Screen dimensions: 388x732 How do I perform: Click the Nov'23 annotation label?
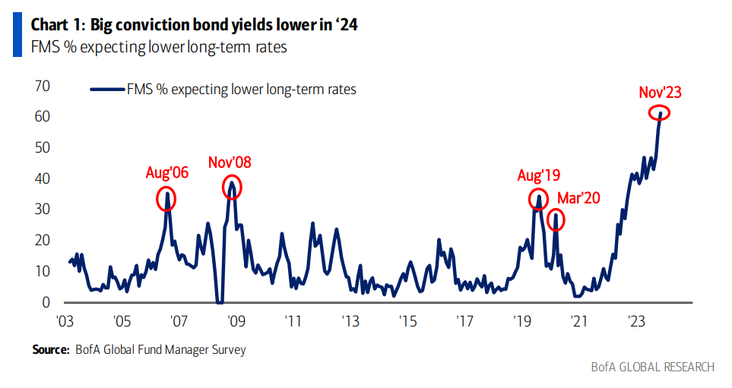(660, 93)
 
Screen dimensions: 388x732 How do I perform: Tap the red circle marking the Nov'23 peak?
(659, 113)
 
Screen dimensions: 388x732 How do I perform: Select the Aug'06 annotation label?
(166, 172)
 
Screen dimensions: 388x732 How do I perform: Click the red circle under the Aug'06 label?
(166, 199)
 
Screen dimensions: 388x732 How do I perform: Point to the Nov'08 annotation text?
(229, 162)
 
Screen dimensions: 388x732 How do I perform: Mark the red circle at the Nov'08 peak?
(232, 186)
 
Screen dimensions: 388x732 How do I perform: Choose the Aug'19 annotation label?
(537, 175)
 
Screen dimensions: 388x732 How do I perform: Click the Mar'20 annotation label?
(578, 198)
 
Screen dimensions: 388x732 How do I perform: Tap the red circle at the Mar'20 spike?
(556, 219)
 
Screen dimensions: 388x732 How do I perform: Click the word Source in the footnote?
(49, 350)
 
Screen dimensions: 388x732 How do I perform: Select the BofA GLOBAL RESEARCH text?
(653, 367)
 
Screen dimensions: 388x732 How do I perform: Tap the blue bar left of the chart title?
(17, 34)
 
